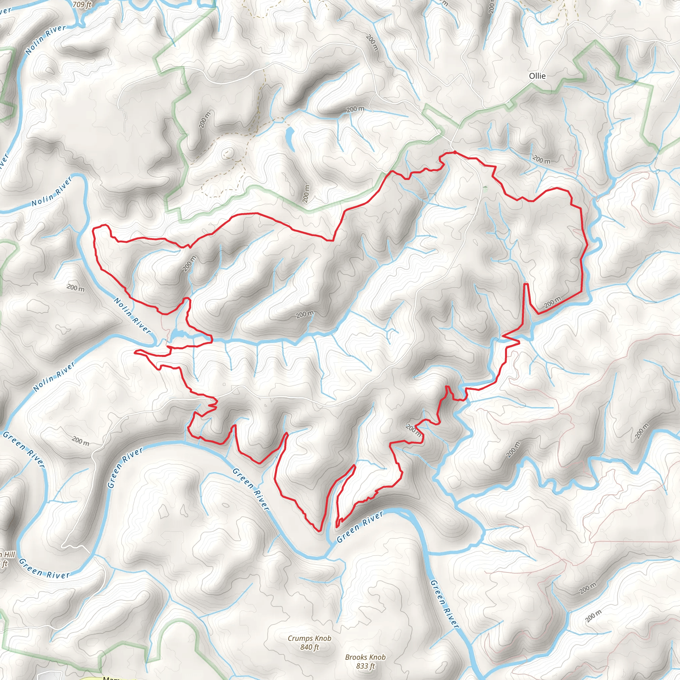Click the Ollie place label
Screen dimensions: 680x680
point(537,76)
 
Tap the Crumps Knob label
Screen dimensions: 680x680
point(309,638)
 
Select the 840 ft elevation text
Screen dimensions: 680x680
point(309,647)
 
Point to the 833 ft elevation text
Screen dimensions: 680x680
point(365,666)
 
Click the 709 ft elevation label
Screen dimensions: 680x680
point(82,5)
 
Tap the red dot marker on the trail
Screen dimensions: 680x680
point(455,152)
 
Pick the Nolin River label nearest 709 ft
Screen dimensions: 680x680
point(46,40)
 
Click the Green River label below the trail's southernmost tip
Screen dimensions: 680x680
point(360,527)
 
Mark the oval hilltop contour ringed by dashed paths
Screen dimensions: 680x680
point(228,153)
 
